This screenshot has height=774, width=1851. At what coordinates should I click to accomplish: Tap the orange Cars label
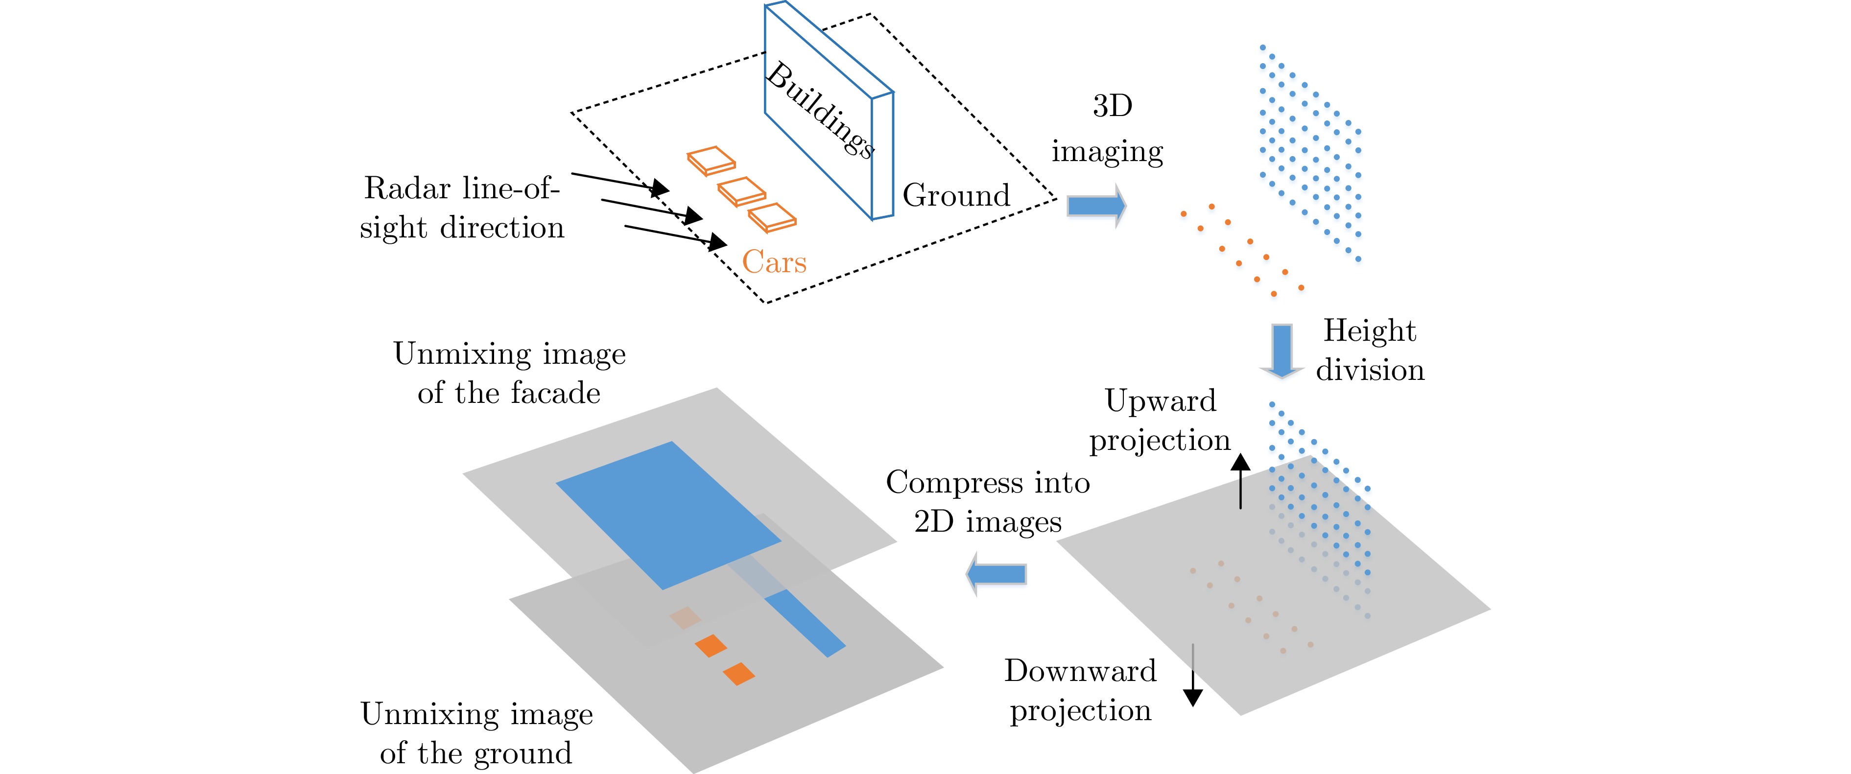774,261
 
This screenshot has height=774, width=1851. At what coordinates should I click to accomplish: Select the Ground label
956,195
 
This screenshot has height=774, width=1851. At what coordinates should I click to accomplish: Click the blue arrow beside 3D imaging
1095,206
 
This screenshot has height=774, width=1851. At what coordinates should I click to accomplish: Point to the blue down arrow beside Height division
1282,350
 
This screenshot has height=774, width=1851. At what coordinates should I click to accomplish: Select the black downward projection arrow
1193,676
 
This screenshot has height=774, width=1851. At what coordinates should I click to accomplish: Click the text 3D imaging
1108,129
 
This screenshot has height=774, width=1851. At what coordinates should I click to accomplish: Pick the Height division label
1370,350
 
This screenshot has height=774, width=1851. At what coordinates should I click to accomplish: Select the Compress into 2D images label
988,502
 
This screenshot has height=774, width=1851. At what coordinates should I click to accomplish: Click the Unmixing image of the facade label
509,373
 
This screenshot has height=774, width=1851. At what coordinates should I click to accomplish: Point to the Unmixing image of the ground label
476,733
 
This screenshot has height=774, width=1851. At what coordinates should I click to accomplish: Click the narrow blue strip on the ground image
804,622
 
